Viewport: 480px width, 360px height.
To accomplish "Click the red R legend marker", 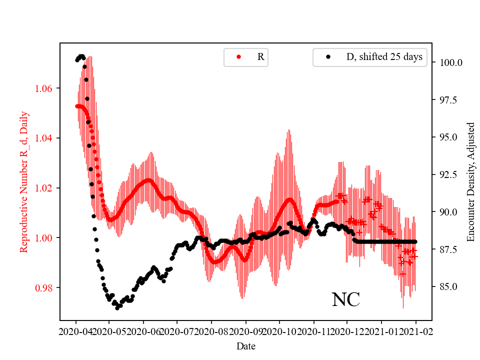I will pos(238,57).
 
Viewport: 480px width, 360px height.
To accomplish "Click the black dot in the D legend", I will pos(328,57).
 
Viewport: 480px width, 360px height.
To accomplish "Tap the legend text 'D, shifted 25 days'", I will pos(384,57).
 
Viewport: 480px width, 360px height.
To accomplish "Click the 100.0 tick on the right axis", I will pos(450,62).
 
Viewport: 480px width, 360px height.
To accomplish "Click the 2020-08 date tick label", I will pos(211,331).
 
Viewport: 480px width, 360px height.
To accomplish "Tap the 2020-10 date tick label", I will pos(279,331).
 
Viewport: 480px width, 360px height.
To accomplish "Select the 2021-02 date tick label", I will pos(415,331).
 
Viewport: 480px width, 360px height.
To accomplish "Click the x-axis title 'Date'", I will pos(245,345).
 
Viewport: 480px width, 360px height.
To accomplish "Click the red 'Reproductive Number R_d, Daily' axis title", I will pos(23,181).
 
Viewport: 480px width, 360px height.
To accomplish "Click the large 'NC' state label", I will pos(345,300).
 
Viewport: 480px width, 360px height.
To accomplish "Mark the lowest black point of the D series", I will pos(117,308).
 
